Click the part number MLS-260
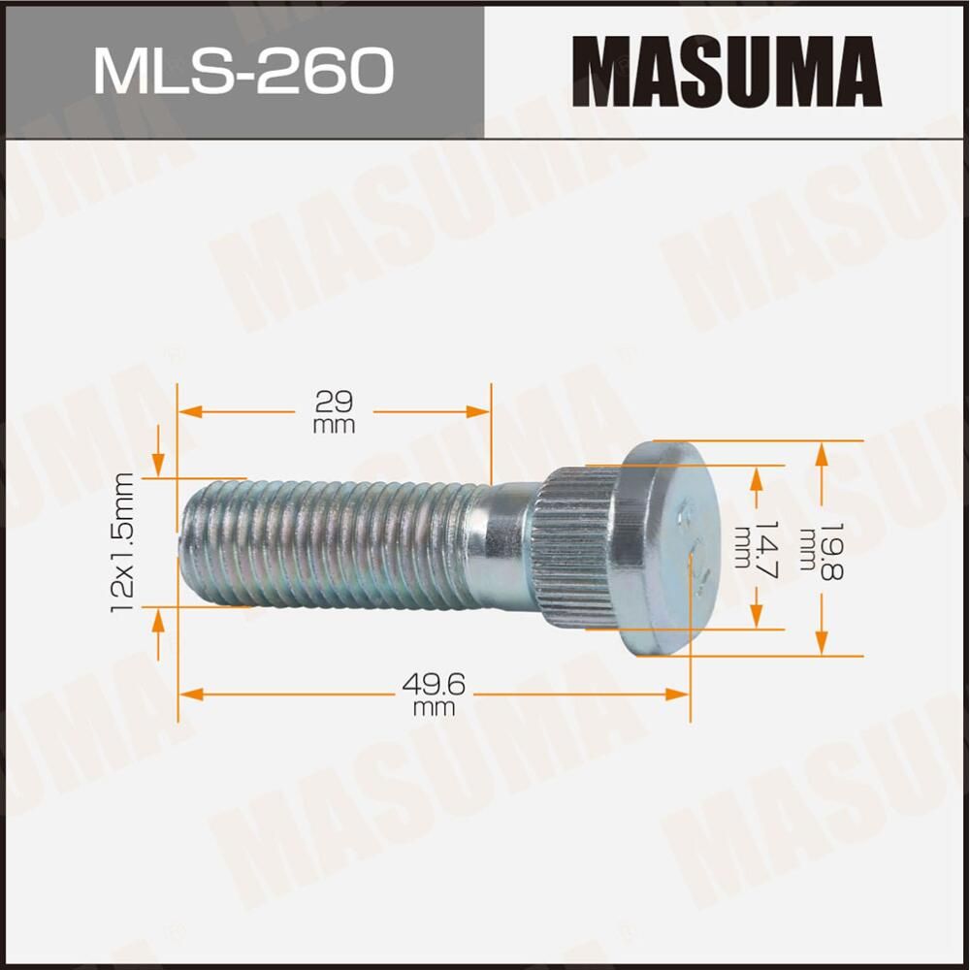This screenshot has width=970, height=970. click(242, 70)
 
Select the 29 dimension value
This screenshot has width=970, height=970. click(334, 400)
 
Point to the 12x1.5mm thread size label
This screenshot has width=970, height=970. click(123, 541)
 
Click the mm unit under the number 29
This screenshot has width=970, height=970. click(334, 426)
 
